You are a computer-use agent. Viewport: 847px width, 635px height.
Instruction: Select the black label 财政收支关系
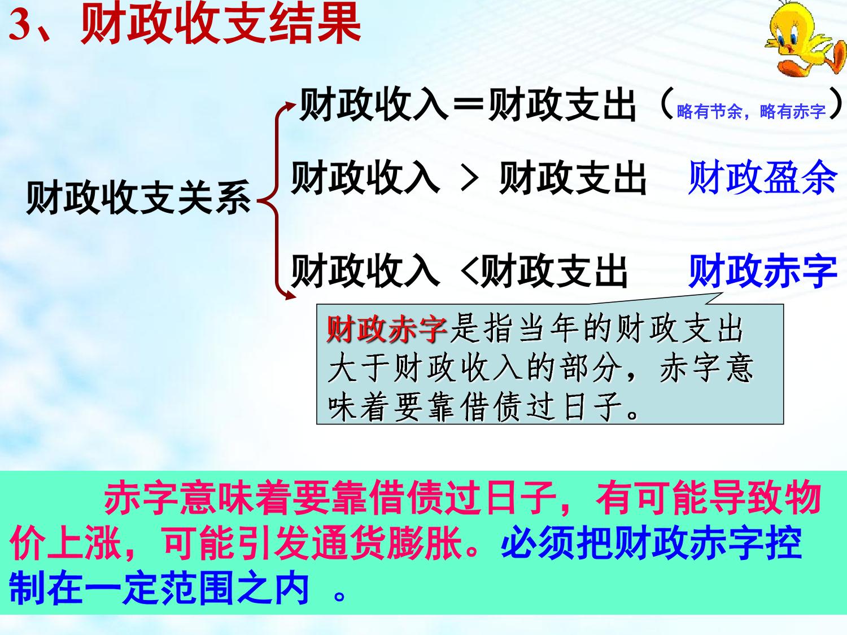coord(139,197)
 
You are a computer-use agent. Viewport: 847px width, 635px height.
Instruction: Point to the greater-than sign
coord(469,179)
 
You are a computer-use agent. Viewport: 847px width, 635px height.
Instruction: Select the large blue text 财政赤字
coord(762,271)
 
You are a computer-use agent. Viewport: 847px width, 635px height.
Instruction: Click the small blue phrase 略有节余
coord(709,112)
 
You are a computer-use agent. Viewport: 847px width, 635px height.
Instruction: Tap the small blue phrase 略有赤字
coord(793,112)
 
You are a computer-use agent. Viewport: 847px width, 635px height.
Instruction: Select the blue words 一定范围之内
coord(197,589)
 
